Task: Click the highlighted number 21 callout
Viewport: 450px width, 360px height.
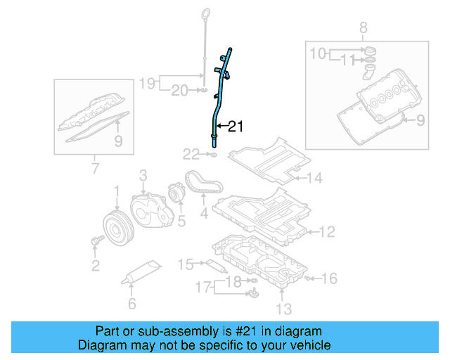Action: (x=235, y=127)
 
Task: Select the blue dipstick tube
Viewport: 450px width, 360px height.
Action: (x=219, y=98)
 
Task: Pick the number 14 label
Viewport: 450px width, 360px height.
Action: (x=314, y=179)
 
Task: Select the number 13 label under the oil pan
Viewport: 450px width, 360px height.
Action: (x=283, y=308)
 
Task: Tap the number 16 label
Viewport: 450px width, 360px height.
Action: (x=330, y=278)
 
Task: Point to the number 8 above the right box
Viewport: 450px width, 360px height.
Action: (x=363, y=28)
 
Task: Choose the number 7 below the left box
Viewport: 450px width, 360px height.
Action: (x=94, y=169)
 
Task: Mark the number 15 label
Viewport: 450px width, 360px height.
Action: (x=185, y=264)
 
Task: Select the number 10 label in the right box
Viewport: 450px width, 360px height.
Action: (x=319, y=53)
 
